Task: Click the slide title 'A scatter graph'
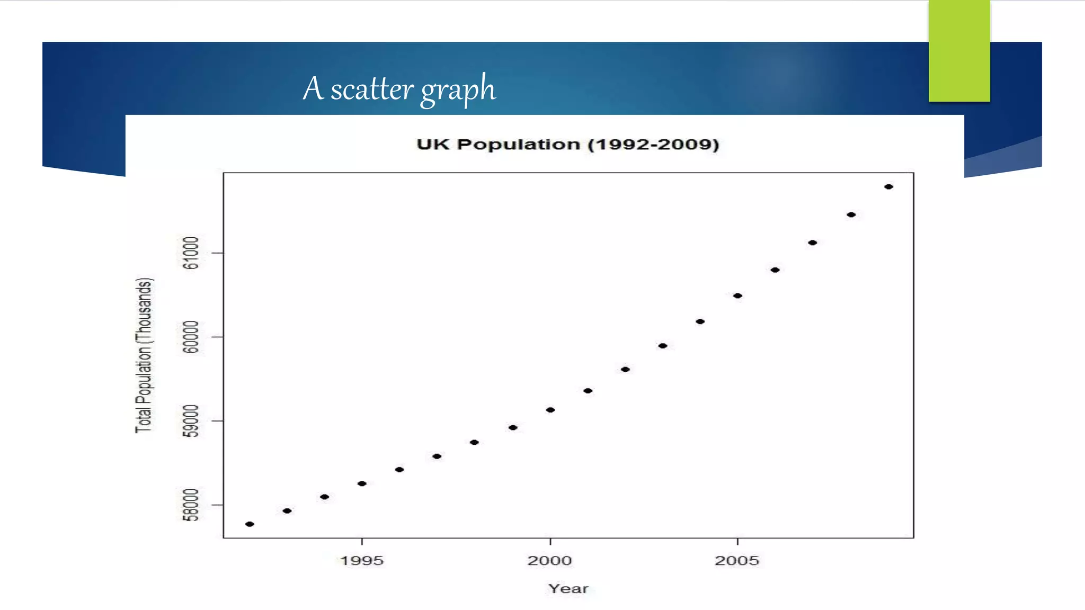click(x=399, y=89)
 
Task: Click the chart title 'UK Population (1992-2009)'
click(x=567, y=145)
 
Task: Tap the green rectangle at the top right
click(x=959, y=51)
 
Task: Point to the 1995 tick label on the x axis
click(x=362, y=560)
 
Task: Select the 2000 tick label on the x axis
click(x=550, y=560)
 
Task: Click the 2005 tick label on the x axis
click(x=737, y=560)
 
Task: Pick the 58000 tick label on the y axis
click(x=191, y=505)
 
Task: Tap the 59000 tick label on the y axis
click(x=191, y=421)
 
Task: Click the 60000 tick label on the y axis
click(x=191, y=337)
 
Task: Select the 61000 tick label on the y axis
click(x=191, y=253)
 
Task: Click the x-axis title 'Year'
click(x=568, y=588)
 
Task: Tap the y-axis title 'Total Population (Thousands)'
click(x=144, y=355)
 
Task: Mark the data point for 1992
click(x=250, y=524)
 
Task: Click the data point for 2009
click(x=888, y=187)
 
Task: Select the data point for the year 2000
click(x=550, y=410)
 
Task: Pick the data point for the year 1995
click(x=362, y=483)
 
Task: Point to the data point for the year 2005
click(x=737, y=296)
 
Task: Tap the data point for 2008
click(x=851, y=215)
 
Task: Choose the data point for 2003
click(x=663, y=346)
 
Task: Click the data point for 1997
click(x=437, y=456)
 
